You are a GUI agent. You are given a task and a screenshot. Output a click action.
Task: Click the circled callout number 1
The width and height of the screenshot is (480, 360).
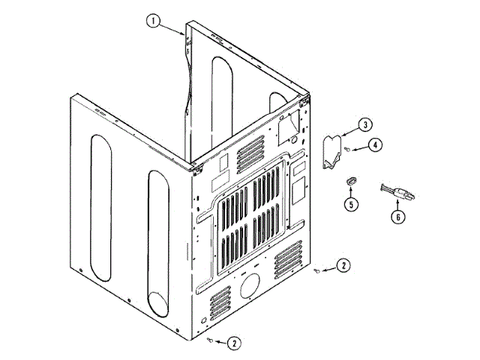(154, 21)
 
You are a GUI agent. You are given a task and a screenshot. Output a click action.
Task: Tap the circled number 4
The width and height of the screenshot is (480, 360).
(374, 145)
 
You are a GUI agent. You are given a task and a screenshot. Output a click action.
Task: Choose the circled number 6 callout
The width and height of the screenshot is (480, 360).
(398, 217)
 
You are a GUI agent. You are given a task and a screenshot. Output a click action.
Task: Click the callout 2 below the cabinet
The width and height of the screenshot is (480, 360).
(234, 343)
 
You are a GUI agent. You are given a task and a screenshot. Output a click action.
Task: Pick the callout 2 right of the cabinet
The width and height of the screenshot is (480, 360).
(343, 265)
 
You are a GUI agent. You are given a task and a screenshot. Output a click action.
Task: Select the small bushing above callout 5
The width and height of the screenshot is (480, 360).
(350, 180)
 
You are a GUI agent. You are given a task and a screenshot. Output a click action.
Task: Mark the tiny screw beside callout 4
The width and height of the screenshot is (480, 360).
(349, 150)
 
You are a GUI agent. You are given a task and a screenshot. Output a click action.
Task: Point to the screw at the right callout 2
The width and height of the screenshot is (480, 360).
(319, 271)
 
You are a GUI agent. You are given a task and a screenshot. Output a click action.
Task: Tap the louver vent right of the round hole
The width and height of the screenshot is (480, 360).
(288, 258)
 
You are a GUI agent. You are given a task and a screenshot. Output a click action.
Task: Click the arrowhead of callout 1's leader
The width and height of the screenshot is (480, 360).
(184, 34)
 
